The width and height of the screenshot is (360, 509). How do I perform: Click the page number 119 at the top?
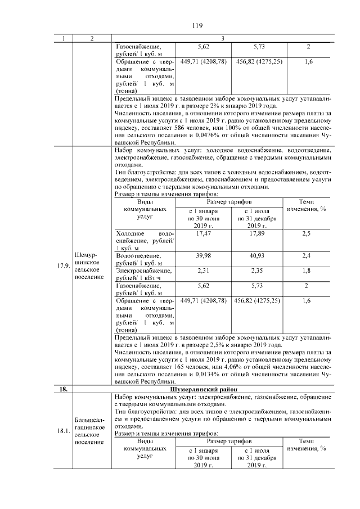tap(196, 25)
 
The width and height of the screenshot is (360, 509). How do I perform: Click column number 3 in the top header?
tap(223, 38)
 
